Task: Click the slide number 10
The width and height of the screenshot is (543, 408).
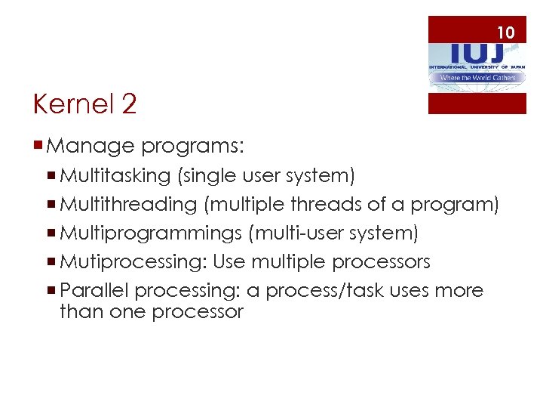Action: pos(505,32)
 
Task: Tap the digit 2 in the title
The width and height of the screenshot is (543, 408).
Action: pos(128,104)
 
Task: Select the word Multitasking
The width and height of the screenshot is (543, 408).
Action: pos(115,176)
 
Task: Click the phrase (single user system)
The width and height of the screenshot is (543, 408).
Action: pos(265,176)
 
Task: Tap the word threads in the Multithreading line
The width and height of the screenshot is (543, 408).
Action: pos(346,205)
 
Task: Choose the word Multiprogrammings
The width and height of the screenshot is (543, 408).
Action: pos(151,233)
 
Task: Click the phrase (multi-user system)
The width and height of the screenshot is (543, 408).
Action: pos(333,233)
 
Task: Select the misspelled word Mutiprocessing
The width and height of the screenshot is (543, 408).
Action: pos(133,262)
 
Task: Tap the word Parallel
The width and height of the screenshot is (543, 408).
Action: pos(95,290)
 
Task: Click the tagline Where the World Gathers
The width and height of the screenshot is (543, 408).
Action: pos(477,78)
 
